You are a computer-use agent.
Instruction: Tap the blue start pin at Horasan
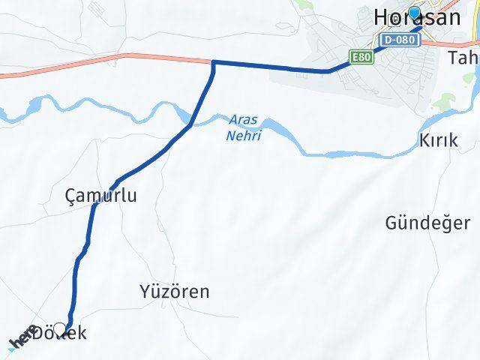click(x=413, y=13)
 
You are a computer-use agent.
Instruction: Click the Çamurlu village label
click(x=101, y=196)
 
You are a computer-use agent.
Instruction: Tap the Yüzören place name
click(x=175, y=291)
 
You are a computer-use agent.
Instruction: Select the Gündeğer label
click(x=428, y=223)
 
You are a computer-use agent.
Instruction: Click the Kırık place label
click(x=438, y=141)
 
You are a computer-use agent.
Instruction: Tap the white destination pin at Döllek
click(x=60, y=327)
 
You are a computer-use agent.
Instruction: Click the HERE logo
click(x=22, y=337)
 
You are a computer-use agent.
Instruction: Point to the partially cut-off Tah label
click(x=462, y=58)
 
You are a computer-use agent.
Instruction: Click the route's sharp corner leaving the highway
click(x=214, y=62)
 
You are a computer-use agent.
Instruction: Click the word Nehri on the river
click(x=240, y=136)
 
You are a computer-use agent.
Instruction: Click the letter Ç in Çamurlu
click(x=71, y=196)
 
